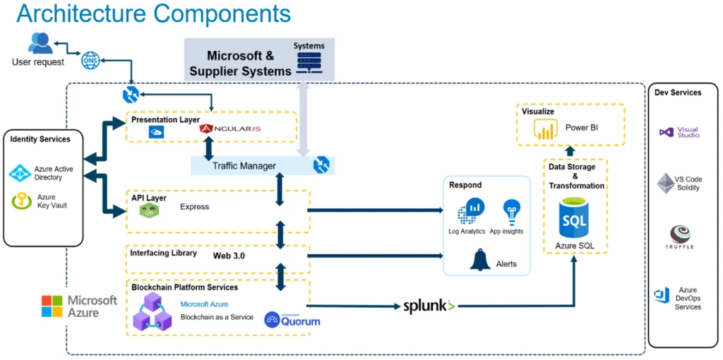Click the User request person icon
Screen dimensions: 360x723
click(40, 44)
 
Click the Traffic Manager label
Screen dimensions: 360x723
click(244, 166)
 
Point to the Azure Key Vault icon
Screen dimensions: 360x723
click(22, 201)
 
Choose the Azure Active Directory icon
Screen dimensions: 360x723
click(20, 173)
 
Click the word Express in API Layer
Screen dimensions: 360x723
click(195, 207)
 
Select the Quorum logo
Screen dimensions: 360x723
click(292, 320)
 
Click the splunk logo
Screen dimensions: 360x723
click(429, 306)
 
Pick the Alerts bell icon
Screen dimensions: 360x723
click(480, 260)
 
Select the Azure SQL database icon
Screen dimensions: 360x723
click(574, 218)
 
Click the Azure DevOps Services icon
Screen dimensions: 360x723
click(662, 296)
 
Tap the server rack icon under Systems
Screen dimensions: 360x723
click(309, 62)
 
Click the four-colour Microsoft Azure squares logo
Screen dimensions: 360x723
click(52, 306)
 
